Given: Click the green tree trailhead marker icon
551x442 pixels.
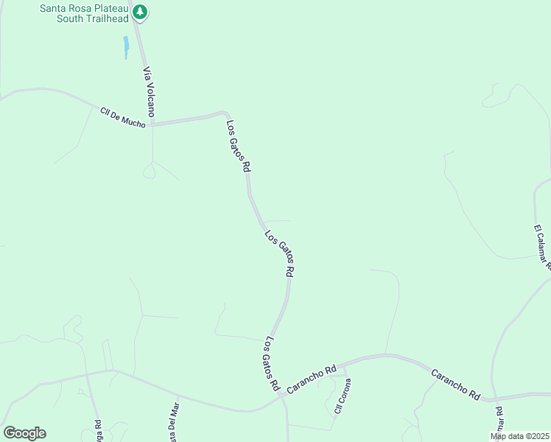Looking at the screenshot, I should point(141,12).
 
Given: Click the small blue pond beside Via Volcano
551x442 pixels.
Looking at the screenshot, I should point(126,48).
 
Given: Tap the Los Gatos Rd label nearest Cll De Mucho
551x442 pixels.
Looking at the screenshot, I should point(238,146).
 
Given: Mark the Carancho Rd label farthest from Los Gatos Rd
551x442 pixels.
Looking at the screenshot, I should point(455,385).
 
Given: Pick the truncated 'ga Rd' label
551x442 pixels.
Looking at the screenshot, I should point(97,429).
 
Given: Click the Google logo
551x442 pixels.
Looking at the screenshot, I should point(24,433).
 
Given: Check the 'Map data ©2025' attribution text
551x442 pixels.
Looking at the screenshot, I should point(520,436).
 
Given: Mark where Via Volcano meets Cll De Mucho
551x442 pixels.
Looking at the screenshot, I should point(152,124).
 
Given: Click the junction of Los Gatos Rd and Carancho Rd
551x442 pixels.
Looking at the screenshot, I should point(282,396).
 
